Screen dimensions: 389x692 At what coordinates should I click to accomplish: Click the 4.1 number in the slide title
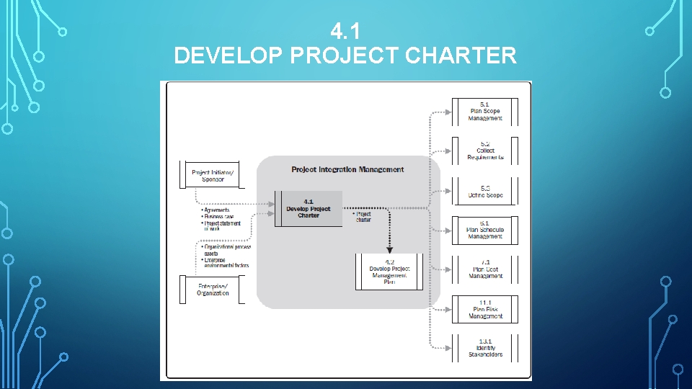(345, 31)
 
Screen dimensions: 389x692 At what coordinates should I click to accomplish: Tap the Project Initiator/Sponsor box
(212, 176)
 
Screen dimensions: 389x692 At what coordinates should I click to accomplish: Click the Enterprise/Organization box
(212, 290)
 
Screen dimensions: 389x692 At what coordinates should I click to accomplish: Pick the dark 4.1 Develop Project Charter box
(309, 209)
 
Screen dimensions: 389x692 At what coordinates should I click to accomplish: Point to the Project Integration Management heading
(347, 170)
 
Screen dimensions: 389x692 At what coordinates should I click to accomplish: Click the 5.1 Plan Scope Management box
(485, 112)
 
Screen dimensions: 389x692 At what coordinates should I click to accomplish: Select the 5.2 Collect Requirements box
(485, 151)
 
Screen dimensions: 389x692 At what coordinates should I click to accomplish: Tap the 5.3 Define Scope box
(485, 192)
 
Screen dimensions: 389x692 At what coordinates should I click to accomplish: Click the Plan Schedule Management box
(485, 231)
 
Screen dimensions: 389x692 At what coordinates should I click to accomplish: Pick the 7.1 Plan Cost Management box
(485, 270)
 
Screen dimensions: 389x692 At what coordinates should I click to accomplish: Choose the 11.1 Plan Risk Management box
(485, 310)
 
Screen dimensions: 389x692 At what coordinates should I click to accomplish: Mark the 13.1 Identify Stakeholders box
(485, 349)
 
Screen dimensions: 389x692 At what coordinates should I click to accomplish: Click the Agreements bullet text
(217, 210)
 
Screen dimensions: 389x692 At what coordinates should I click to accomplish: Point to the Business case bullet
(219, 217)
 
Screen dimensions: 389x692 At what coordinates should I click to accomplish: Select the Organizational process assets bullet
(226, 250)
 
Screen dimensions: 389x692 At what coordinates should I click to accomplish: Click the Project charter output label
(363, 217)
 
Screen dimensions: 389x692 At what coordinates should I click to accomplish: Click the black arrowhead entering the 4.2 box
(389, 251)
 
